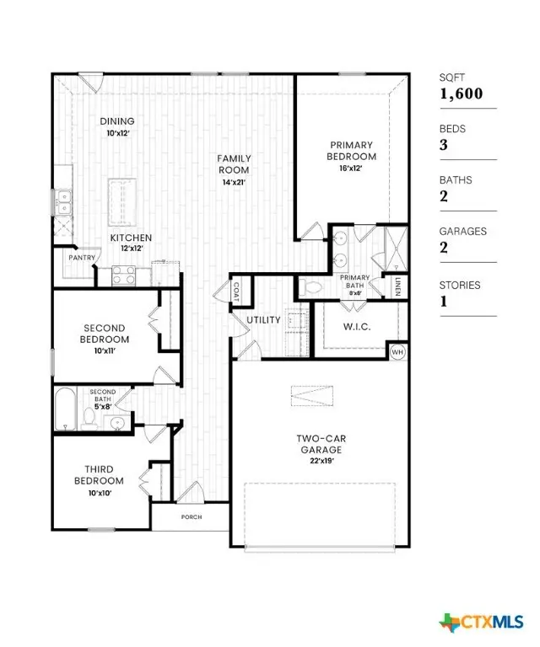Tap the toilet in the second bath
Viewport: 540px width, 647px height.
(90, 416)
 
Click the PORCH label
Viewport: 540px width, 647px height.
(191, 516)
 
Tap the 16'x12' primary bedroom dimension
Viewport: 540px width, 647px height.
(352, 168)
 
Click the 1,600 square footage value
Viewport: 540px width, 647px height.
(461, 94)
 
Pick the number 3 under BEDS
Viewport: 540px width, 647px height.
(443, 146)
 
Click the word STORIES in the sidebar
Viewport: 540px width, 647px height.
(460, 286)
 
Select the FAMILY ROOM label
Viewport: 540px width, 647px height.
(234, 163)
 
